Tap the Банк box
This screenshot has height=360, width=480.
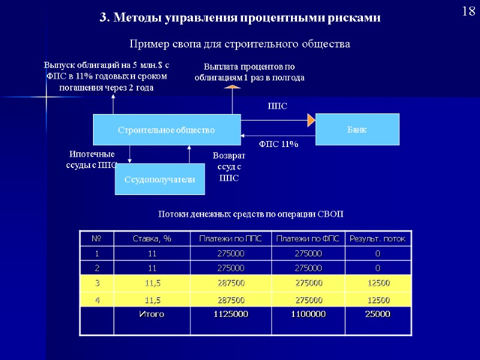(x=357, y=129)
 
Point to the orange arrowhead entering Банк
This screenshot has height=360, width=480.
(x=311, y=120)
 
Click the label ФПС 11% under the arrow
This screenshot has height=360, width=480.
(x=278, y=144)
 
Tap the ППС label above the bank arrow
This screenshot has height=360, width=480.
(x=277, y=106)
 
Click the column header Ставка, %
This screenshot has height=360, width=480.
(x=152, y=239)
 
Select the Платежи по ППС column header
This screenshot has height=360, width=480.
(x=230, y=239)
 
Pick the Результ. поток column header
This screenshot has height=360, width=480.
(x=378, y=239)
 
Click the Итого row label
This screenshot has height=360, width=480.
(x=152, y=314)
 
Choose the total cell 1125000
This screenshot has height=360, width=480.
(x=230, y=314)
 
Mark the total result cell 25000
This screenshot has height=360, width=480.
(x=378, y=314)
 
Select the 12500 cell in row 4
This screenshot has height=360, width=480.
(x=378, y=299)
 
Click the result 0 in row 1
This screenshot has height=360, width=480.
(x=378, y=253)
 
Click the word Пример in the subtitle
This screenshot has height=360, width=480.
(x=146, y=44)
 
